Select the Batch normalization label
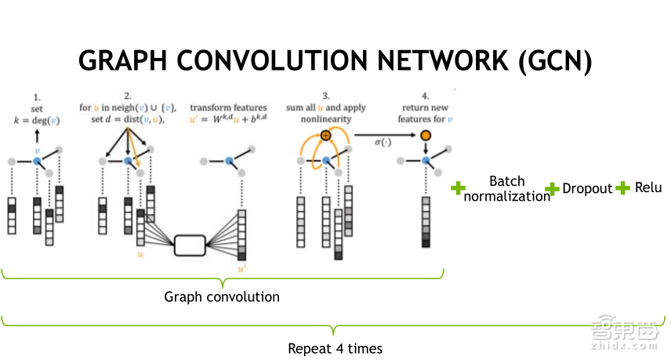click(507, 189)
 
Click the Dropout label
click(587, 188)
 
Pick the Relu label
click(648, 187)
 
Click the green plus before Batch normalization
click(459, 188)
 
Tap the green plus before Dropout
click(552, 188)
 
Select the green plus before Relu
click(623, 187)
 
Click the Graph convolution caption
click(222, 297)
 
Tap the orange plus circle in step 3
click(326, 136)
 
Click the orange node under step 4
click(426, 136)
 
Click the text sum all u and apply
click(326, 107)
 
